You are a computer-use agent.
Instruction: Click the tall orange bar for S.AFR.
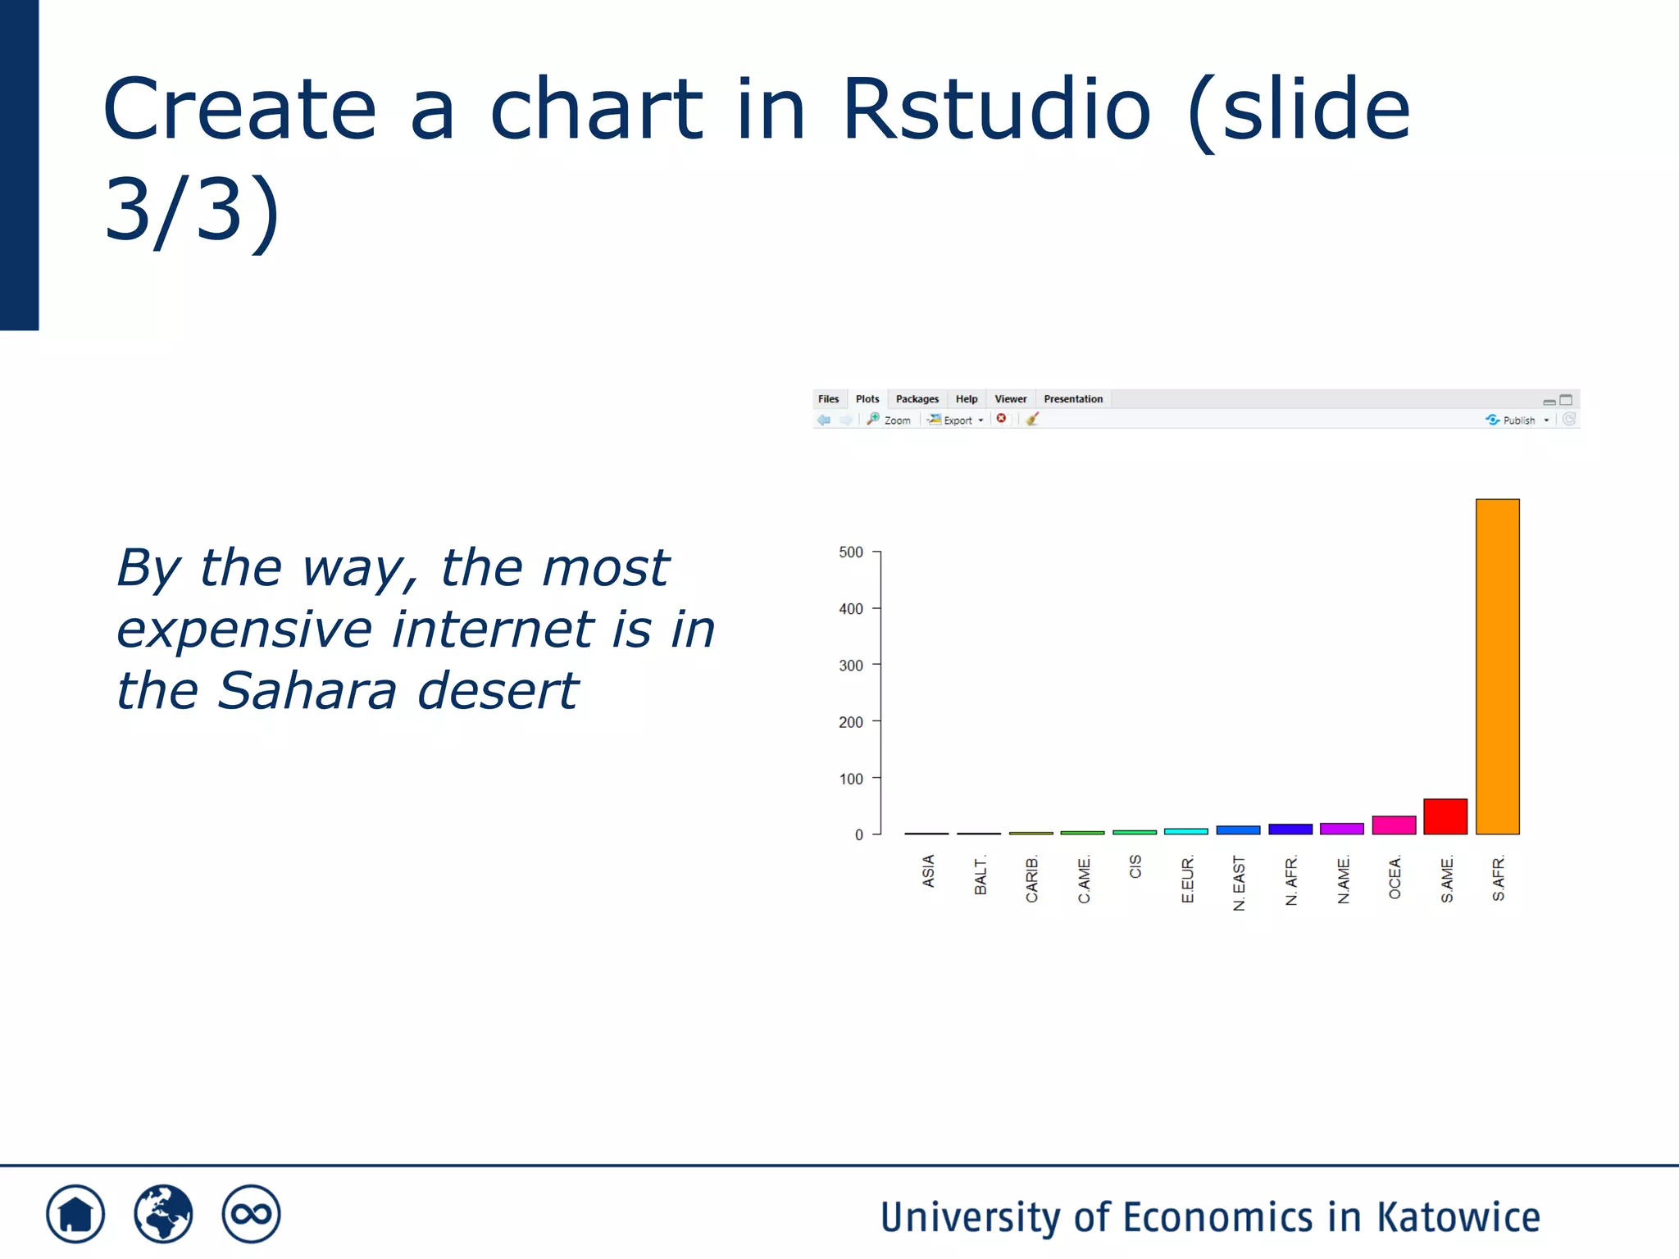point(1497,666)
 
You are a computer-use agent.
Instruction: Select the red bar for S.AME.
point(1445,816)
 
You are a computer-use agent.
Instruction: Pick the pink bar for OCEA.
point(1394,825)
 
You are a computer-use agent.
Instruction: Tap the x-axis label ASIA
point(928,870)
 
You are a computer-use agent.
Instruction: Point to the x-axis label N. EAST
point(1239,883)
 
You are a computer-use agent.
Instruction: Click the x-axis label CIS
point(1135,866)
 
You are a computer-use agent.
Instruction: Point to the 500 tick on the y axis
point(851,552)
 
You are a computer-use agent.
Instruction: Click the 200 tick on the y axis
point(851,722)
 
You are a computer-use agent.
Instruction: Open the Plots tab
point(867,399)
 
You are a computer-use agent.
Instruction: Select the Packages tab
point(917,399)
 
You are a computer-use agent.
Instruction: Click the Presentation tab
point(1072,399)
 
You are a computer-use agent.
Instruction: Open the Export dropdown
point(957,420)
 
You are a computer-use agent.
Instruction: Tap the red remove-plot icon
point(1001,419)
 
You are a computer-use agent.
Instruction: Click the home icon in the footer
point(75,1214)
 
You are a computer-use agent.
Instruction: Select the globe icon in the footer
point(163,1214)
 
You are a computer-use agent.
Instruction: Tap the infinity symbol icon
point(251,1214)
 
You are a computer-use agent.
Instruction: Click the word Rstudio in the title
point(996,109)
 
